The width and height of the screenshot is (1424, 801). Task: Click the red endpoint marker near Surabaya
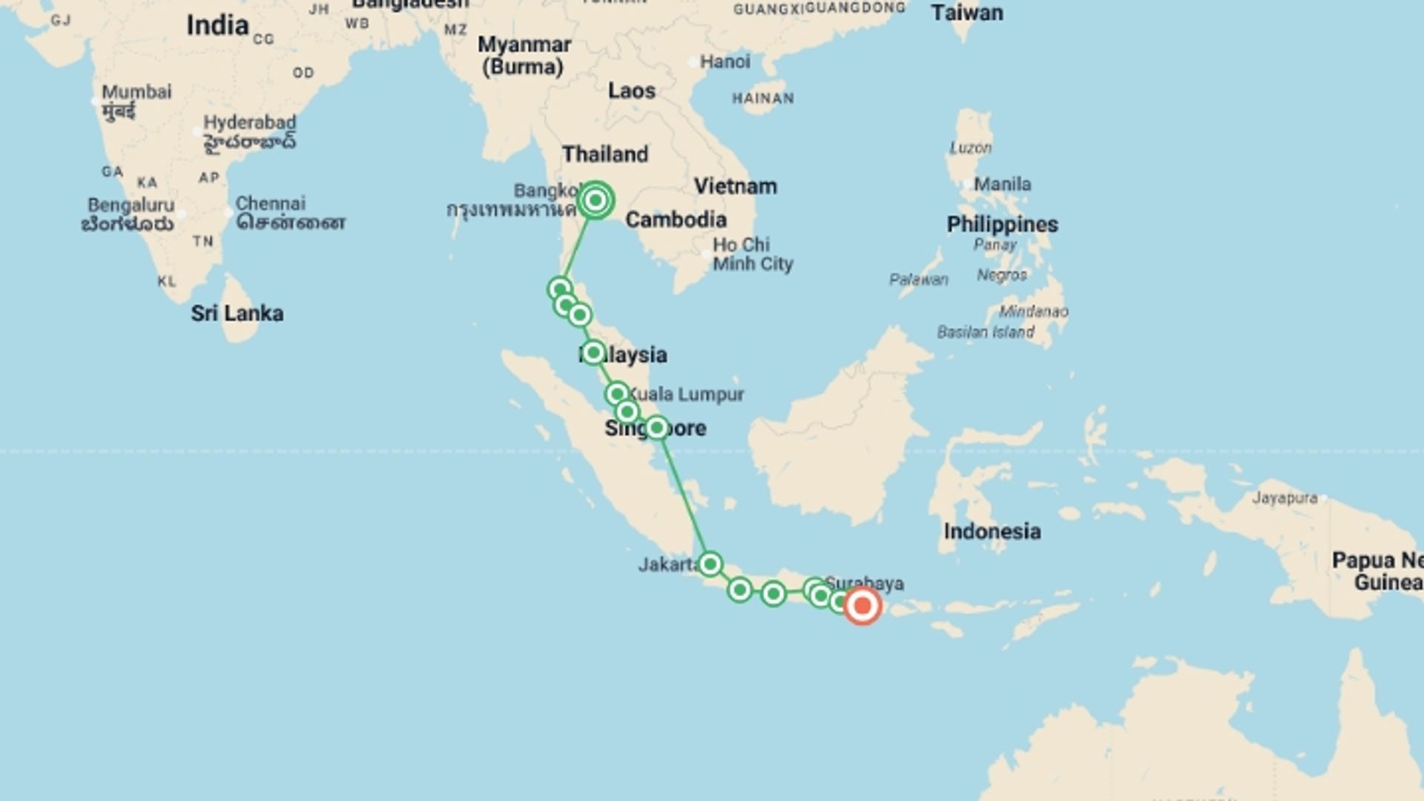pyautogui.click(x=862, y=606)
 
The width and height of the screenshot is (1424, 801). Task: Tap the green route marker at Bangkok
pyautogui.click(x=595, y=200)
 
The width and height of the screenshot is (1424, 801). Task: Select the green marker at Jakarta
pyautogui.click(x=710, y=564)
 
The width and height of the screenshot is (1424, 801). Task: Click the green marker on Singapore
pyautogui.click(x=656, y=427)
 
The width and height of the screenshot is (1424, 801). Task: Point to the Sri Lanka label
pyautogui.click(x=237, y=313)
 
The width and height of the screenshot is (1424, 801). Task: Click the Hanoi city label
pyautogui.click(x=725, y=62)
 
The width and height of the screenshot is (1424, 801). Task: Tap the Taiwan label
pyautogui.click(x=966, y=13)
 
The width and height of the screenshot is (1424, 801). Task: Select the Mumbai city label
pyautogui.click(x=136, y=92)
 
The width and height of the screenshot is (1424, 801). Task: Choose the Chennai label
pyautogui.click(x=270, y=203)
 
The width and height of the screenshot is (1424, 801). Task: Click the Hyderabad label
pyautogui.click(x=249, y=122)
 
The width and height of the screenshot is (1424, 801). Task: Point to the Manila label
pyautogui.click(x=1002, y=184)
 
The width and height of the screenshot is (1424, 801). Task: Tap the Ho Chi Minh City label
pyautogui.click(x=752, y=254)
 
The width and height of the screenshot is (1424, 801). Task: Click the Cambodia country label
pyautogui.click(x=676, y=220)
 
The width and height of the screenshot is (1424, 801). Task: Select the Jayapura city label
pyautogui.click(x=1284, y=498)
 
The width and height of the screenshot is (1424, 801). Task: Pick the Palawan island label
pyautogui.click(x=918, y=280)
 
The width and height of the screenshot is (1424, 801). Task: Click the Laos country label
pyautogui.click(x=631, y=90)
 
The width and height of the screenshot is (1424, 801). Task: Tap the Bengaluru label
pyautogui.click(x=131, y=205)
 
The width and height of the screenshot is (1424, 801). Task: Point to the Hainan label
pyautogui.click(x=762, y=98)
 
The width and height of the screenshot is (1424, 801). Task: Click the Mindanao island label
pyautogui.click(x=1033, y=311)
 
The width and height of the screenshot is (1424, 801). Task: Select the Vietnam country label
pyautogui.click(x=735, y=186)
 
